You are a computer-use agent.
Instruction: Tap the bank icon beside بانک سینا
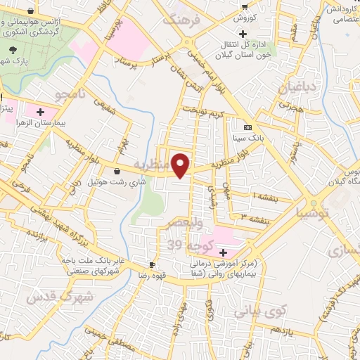[247, 127]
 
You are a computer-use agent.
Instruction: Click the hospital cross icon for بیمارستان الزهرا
[40, 111]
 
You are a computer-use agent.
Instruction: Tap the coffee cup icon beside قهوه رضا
[152, 264]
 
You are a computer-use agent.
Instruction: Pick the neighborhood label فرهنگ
[182, 19]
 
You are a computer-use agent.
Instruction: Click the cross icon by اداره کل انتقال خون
[243, 33]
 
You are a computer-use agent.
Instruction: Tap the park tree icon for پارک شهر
[13, 50]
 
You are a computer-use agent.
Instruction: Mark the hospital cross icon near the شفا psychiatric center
[223, 252]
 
